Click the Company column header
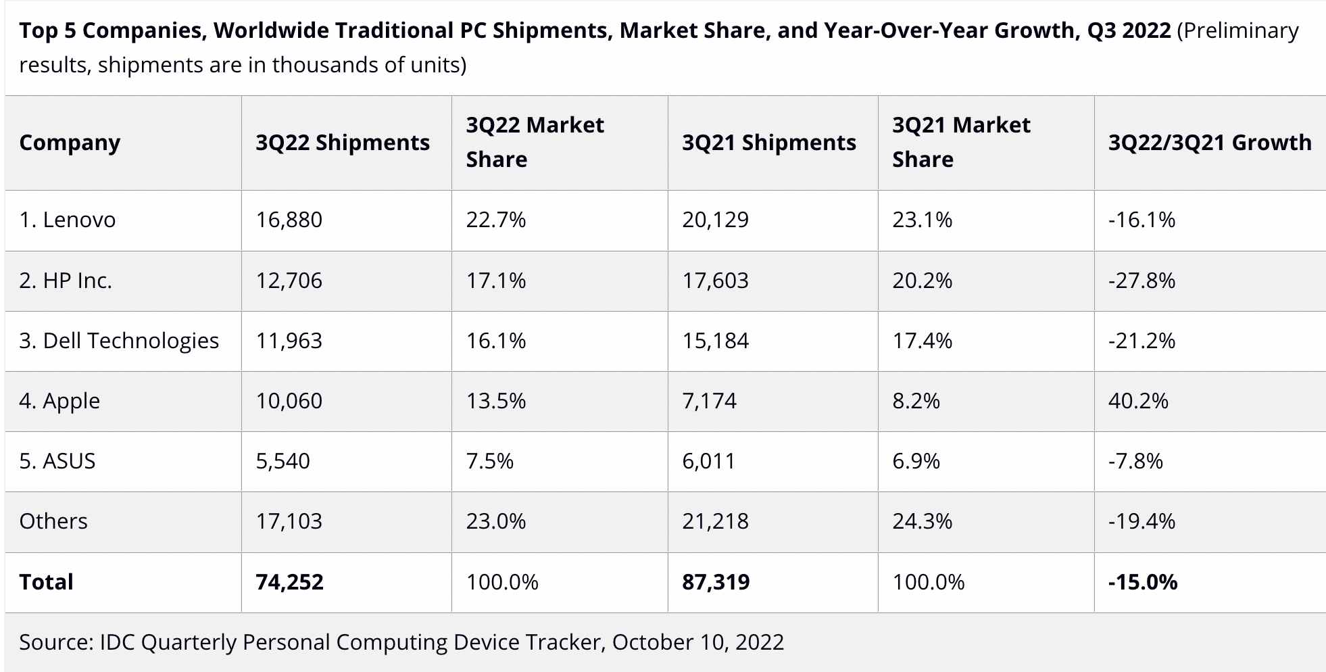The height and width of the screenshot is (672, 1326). click(70, 143)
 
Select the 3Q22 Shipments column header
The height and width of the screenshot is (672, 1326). click(342, 143)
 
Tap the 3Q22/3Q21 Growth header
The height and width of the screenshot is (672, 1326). click(1209, 143)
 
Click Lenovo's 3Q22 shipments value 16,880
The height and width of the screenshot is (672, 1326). click(289, 220)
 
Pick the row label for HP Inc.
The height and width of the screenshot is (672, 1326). click(66, 281)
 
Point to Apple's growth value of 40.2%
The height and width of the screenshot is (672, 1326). click(1137, 401)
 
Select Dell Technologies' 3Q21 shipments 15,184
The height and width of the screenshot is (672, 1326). click(715, 341)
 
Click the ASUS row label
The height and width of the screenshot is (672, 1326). click(57, 461)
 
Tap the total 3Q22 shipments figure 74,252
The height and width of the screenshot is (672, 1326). click(289, 582)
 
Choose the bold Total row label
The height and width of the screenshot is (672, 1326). click(46, 582)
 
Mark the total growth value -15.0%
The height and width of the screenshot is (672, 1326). click(1142, 582)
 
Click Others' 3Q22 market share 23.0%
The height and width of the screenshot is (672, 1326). click(495, 521)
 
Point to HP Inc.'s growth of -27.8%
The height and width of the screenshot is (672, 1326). click(1141, 281)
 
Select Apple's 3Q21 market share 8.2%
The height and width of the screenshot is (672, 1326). click(916, 401)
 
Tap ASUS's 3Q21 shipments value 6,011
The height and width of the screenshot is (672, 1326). click(708, 461)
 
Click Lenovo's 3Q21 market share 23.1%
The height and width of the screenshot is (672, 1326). click(922, 220)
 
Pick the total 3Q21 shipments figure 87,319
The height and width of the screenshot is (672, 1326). click(716, 582)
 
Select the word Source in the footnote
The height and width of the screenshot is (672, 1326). click(55, 642)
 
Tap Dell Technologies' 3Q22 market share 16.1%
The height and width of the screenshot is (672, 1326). click(495, 341)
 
